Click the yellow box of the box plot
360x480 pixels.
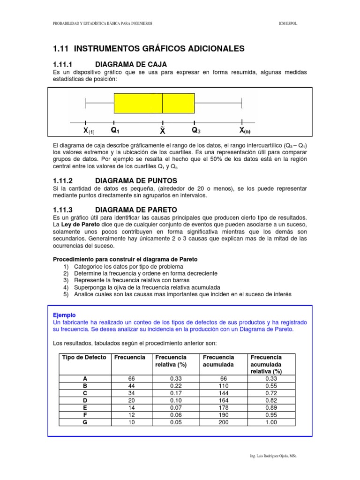154,103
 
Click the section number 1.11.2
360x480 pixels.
64,180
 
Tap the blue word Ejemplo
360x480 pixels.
64,315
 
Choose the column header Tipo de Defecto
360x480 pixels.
84,357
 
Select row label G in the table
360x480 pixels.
84,422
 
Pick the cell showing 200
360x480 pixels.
223,422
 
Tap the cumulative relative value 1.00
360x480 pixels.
271,422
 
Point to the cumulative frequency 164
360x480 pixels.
223,400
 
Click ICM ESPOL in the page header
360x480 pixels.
287,23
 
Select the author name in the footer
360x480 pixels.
274,456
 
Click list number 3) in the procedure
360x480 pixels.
66,280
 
